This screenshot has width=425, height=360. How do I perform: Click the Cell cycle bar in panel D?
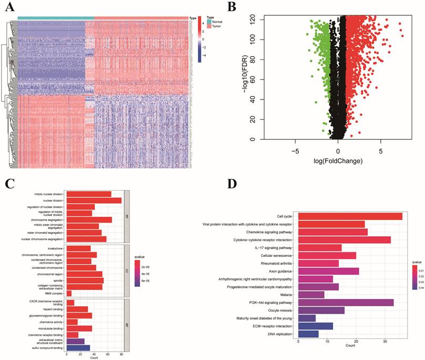click(350, 216)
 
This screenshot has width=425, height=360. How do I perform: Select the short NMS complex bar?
click(69, 293)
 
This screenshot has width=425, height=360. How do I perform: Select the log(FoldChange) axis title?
click(338, 161)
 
